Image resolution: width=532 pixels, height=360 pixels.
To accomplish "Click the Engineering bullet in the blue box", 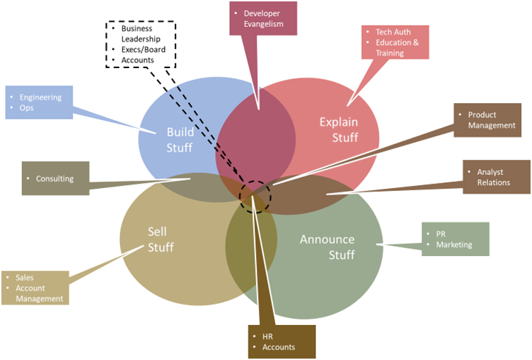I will pyautogui.click(x=41, y=97).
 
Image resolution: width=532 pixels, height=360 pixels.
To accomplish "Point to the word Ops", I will pyautogui.click(x=27, y=108).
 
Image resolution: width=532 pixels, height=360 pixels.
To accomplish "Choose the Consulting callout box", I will pyautogui.click(x=55, y=179).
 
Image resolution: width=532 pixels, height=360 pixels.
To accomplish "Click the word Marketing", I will pyautogui.click(x=454, y=244).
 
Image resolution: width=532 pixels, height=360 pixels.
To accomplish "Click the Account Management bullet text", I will pyautogui.click(x=41, y=293).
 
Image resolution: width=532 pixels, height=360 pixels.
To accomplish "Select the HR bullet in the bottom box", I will pyautogui.click(x=267, y=337).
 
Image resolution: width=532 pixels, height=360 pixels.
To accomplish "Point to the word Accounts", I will pyautogui.click(x=278, y=347).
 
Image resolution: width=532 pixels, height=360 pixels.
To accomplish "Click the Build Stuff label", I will pyautogui.click(x=179, y=140).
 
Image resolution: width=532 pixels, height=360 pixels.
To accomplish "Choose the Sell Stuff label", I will pyautogui.click(x=160, y=239).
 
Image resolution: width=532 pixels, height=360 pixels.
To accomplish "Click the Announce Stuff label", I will pyautogui.click(x=327, y=247).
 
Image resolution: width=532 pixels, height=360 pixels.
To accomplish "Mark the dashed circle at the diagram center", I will pyautogui.click(x=255, y=194).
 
